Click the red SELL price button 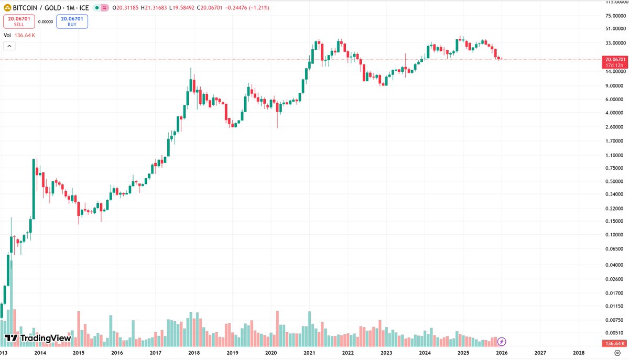tap(19, 21)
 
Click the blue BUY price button tap(72, 21)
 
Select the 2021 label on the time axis tap(309, 353)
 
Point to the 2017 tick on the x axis tap(155, 353)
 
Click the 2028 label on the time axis tap(579, 353)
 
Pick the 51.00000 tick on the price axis tap(615, 29)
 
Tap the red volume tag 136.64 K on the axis tap(614, 343)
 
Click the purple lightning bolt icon tap(502, 341)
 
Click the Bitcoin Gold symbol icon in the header tap(7, 8)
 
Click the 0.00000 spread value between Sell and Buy tap(46, 21)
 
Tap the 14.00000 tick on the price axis tap(615, 71)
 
